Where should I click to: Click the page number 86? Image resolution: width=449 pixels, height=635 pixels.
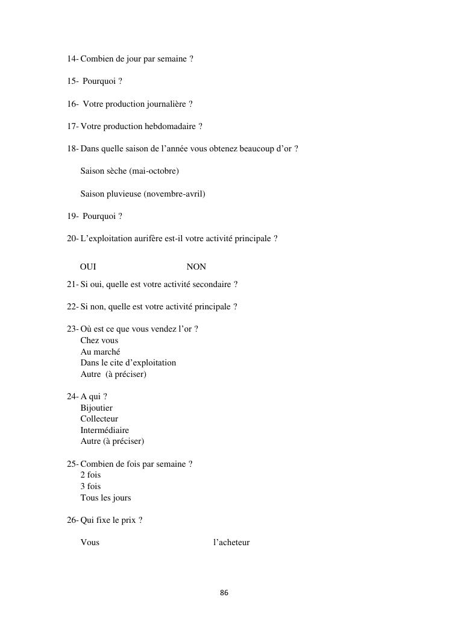coord(224,593)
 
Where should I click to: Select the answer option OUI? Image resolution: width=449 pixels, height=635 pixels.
coord(88,267)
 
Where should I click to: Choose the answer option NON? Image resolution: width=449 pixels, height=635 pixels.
coord(196,267)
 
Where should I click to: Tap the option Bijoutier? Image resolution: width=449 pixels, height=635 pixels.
coord(96,408)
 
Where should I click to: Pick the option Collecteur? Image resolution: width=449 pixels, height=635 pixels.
coord(99,419)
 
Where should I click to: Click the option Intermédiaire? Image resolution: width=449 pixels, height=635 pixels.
coord(105,430)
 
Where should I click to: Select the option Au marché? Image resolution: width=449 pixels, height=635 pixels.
coord(100,352)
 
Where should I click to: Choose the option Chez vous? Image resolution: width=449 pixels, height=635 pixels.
coord(99,340)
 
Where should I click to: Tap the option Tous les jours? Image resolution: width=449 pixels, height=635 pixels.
coord(105,498)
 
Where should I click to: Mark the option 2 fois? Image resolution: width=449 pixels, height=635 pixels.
coord(90,475)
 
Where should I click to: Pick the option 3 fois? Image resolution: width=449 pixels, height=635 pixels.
coord(90,486)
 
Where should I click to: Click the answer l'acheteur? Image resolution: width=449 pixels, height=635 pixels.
coord(231,542)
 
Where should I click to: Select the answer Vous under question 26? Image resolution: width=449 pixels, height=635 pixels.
coord(90,542)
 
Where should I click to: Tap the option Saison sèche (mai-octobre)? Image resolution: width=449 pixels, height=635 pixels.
coord(130,171)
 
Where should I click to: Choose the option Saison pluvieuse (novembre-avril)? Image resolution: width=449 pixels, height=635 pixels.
coord(143,194)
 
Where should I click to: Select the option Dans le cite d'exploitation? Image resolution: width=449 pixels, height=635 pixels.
coord(128,362)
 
